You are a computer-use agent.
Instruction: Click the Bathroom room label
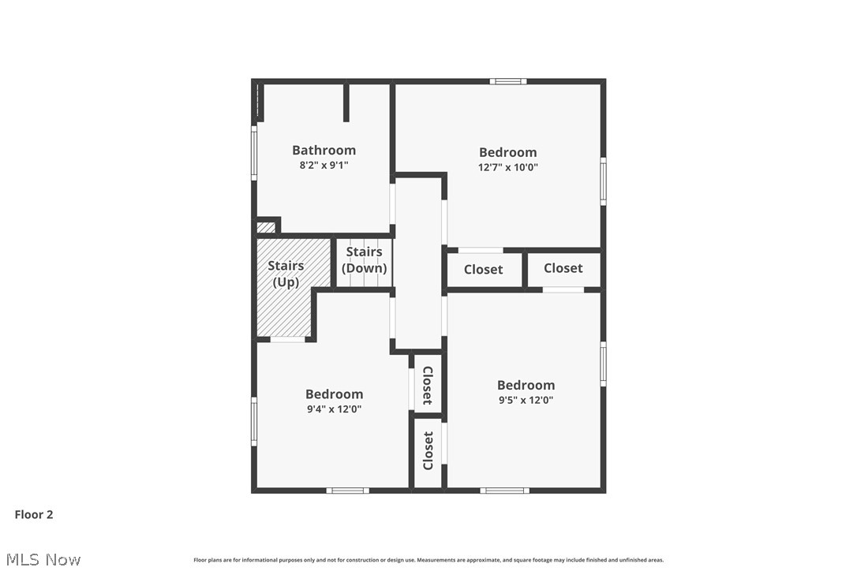[x=324, y=151]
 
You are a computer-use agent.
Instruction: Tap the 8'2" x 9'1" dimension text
[x=324, y=165]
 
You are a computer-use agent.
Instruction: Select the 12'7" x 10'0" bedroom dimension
[x=507, y=167]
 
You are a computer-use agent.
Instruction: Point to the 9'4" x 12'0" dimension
[x=334, y=409]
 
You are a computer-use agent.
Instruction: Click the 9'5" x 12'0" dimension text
[x=526, y=400]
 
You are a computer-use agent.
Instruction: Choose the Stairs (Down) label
[x=364, y=260]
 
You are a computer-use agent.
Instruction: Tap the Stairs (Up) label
[x=286, y=274]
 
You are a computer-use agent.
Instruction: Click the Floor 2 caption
[x=34, y=515]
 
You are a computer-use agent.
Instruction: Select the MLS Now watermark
[x=43, y=559]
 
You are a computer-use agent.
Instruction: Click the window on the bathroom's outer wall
[x=254, y=153]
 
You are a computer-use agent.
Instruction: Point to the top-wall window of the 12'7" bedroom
[x=508, y=81]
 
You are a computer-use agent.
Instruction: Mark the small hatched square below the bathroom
[x=266, y=227]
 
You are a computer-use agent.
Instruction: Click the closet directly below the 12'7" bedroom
[x=484, y=270]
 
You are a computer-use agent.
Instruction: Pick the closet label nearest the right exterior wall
[x=563, y=268]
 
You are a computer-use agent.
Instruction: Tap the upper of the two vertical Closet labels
[x=428, y=385]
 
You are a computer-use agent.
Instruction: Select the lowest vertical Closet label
[x=428, y=451]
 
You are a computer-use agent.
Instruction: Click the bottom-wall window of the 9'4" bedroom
[x=347, y=491]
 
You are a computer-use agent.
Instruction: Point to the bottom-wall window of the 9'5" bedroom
[x=505, y=491]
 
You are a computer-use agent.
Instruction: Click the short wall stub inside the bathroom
[x=346, y=103]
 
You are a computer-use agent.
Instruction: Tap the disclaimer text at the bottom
[x=428, y=560]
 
